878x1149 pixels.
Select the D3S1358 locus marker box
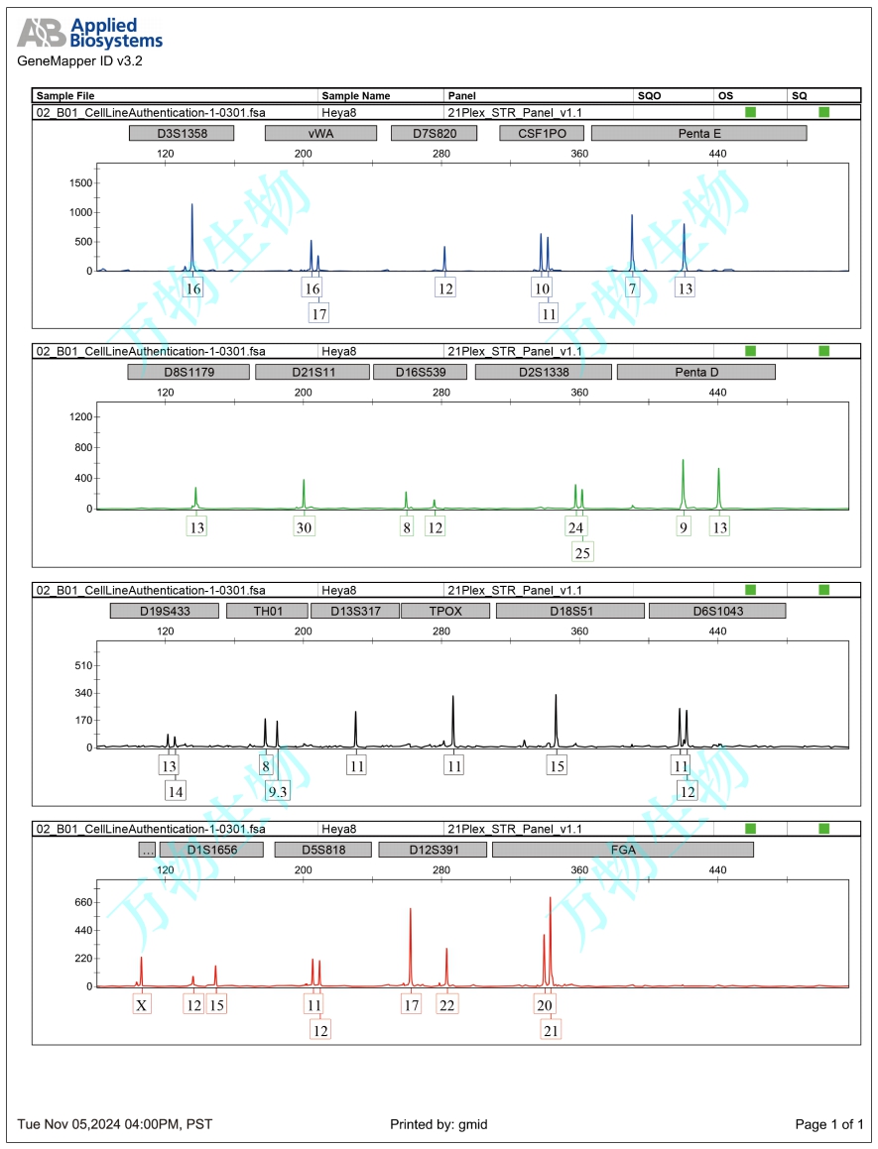click(182, 133)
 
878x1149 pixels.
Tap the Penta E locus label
click(698, 133)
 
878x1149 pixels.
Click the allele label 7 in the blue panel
click(632, 288)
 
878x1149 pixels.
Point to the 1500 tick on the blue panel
click(80, 183)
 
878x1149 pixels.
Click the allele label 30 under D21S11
click(305, 527)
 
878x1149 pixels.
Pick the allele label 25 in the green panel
click(582, 552)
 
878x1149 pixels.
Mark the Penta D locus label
click(695, 372)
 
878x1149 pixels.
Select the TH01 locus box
click(267, 611)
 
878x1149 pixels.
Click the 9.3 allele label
click(278, 791)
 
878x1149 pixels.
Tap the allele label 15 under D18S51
click(557, 766)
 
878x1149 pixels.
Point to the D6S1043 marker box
click(716, 611)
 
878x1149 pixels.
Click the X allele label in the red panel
click(142, 1004)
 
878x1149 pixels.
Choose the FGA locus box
click(622, 850)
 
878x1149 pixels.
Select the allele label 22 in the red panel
click(447, 1004)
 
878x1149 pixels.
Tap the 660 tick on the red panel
click(79, 902)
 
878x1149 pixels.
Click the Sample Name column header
click(355, 95)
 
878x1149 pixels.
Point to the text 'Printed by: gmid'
click(439, 1124)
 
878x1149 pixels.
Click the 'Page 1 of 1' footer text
click(829, 1124)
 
